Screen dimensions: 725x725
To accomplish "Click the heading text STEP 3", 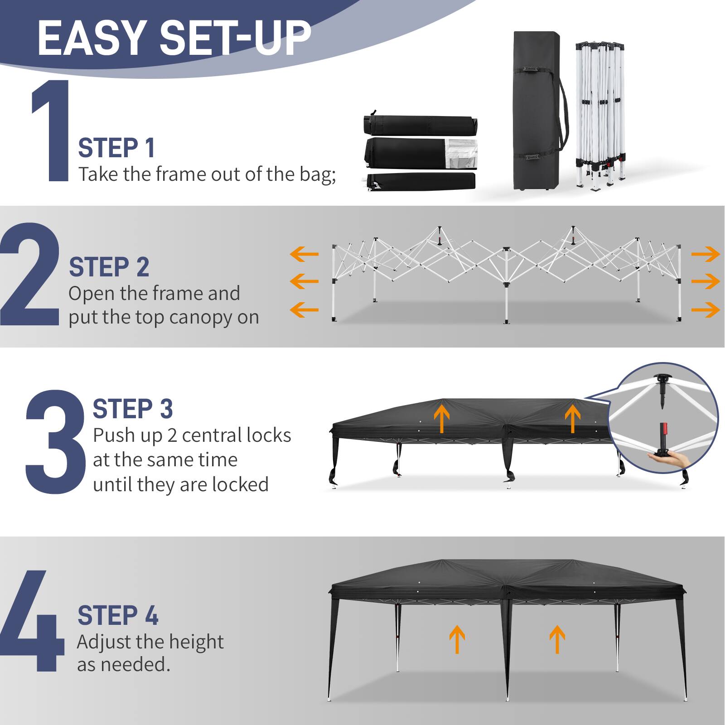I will point(133,409).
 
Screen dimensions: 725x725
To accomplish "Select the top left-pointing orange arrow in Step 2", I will point(304,254).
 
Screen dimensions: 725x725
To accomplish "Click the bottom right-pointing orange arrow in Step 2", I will point(705,310).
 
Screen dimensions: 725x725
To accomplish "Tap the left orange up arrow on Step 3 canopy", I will point(442,418).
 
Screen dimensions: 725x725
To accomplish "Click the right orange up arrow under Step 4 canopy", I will point(557,639).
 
